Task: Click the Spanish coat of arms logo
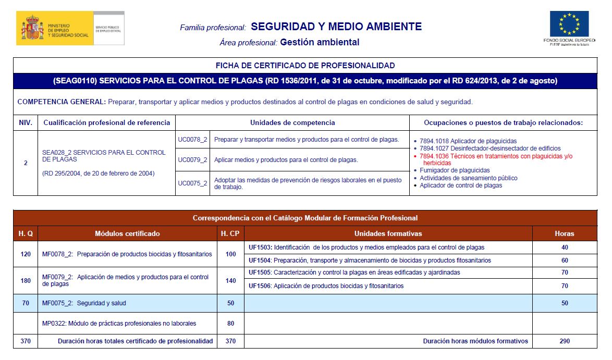(33, 28)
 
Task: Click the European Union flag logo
(569, 24)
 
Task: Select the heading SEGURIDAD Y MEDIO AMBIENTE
(336, 27)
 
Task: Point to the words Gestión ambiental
(320, 42)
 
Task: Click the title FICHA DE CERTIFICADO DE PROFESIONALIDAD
(305, 66)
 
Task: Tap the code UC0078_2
(192, 140)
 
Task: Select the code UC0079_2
(192, 160)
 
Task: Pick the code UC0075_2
(192, 183)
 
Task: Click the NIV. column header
(26, 123)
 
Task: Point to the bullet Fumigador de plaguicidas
(455, 170)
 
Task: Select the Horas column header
(564, 234)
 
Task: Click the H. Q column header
(26, 234)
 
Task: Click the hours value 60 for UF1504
(565, 260)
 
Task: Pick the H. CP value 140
(230, 280)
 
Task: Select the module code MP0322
(54, 324)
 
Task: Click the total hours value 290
(565, 341)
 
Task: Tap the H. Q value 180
(26, 280)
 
